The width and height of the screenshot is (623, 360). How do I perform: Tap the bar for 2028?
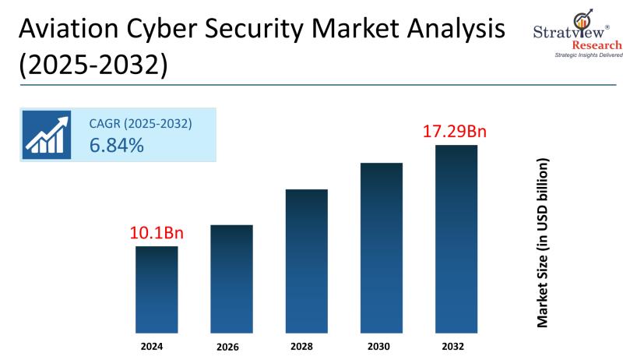pyautogui.click(x=306, y=261)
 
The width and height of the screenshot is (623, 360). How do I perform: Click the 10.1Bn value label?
pyautogui.click(x=157, y=232)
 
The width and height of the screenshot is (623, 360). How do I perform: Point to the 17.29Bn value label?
pyautogui.click(x=456, y=131)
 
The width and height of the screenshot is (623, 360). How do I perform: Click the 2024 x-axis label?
pyautogui.click(x=157, y=344)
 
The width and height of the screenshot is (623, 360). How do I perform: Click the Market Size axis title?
pyautogui.click(x=543, y=242)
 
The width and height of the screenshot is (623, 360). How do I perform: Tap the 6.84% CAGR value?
pyautogui.click(x=116, y=144)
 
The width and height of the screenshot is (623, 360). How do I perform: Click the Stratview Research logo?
pyautogui.click(x=576, y=31)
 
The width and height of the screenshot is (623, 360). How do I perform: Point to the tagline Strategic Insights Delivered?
pyautogui.click(x=577, y=55)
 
